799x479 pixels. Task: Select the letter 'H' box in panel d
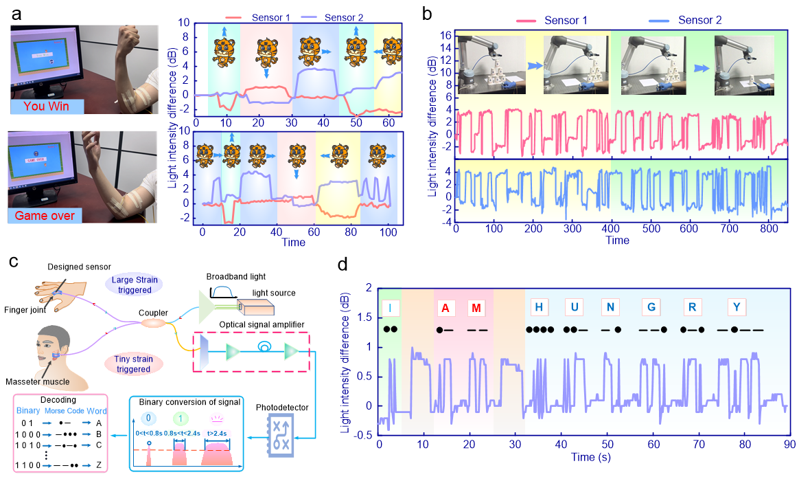[x=539, y=307]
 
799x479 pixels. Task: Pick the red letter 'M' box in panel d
[x=475, y=307]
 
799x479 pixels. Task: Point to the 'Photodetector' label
[x=282, y=408]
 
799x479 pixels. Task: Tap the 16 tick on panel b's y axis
[x=443, y=34]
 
